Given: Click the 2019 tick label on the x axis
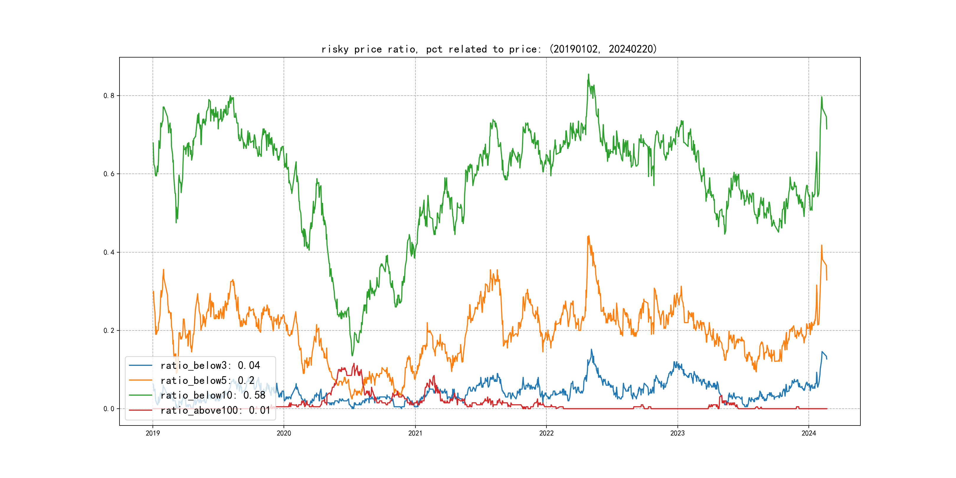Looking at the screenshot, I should pyautogui.click(x=153, y=433).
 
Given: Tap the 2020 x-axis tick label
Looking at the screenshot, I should pyautogui.click(x=284, y=433).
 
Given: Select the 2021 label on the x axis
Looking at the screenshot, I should pyautogui.click(x=415, y=433).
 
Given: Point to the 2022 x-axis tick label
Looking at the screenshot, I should pyautogui.click(x=546, y=433).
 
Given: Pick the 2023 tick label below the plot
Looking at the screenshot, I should pyautogui.click(x=677, y=433).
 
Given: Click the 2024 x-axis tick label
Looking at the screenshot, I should pyautogui.click(x=809, y=433).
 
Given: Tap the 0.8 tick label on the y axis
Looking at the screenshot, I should pyautogui.click(x=109, y=96).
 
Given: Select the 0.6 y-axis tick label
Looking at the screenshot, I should pyautogui.click(x=109, y=174).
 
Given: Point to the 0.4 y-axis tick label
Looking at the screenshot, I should pyautogui.click(x=109, y=252).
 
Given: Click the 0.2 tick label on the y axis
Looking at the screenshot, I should pyautogui.click(x=109, y=331).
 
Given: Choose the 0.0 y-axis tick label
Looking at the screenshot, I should pyautogui.click(x=109, y=409).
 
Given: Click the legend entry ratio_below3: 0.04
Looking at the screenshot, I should pyautogui.click(x=210, y=366).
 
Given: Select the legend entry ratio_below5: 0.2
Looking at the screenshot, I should pyautogui.click(x=207, y=380).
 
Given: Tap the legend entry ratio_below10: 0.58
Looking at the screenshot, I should pyautogui.click(x=213, y=395).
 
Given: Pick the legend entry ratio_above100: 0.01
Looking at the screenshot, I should pyautogui.click(x=215, y=410).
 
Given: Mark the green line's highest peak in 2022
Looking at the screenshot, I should pyautogui.click(x=588, y=74).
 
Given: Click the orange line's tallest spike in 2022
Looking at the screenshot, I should pyautogui.click(x=589, y=236).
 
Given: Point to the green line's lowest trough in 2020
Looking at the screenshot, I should pyautogui.click(x=352, y=356).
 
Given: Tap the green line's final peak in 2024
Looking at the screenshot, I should pyautogui.click(x=822, y=97).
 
